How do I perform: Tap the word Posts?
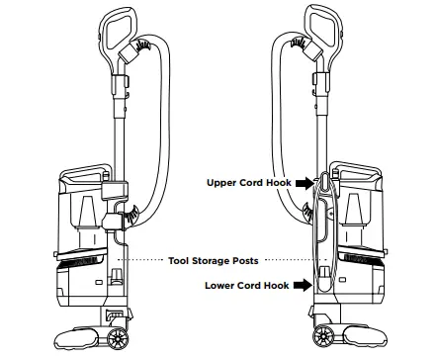[x=242, y=260]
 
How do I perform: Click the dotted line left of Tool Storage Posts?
[x=139, y=260]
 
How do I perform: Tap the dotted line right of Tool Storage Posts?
[x=287, y=260]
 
